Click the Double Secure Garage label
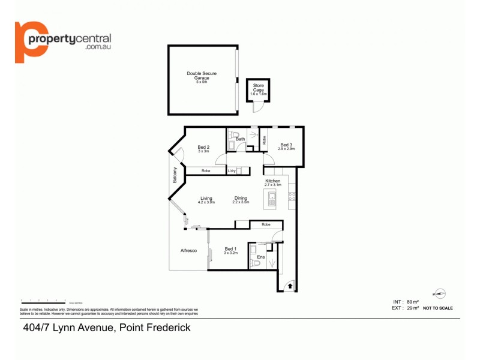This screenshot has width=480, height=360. pyautogui.click(x=202, y=76)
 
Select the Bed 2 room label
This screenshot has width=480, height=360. pyautogui.click(x=203, y=147)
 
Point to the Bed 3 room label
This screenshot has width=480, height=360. pyautogui.click(x=286, y=145)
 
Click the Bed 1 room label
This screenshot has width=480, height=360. pyautogui.click(x=230, y=249)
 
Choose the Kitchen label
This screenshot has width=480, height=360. pyautogui.click(x=273, y=181)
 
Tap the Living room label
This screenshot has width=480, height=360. pyautogui.click(x=206, y=199)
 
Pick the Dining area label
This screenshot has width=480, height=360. pyautogui.click(x=241, y=199)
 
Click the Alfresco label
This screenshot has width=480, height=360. pyautogui.click(x=189, y=251)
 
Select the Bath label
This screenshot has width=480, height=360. pyautogui.click(x=240, y=139)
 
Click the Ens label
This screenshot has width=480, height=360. pyautogui.click(x=260, y=258)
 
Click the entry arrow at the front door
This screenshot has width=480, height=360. pyautogui.click(x=290, y=287)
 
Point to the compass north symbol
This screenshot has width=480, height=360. pyautogui.click(x=441, y=293)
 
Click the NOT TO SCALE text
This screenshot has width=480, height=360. pyautogui.click(x=437, y=308)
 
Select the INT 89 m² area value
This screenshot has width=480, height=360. pyautogui.click(x=402, y=302)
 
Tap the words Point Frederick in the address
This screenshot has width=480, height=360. pyautogui.click(x=155, y=327)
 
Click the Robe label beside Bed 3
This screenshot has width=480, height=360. pyautogui.click(x=264, y=140)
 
